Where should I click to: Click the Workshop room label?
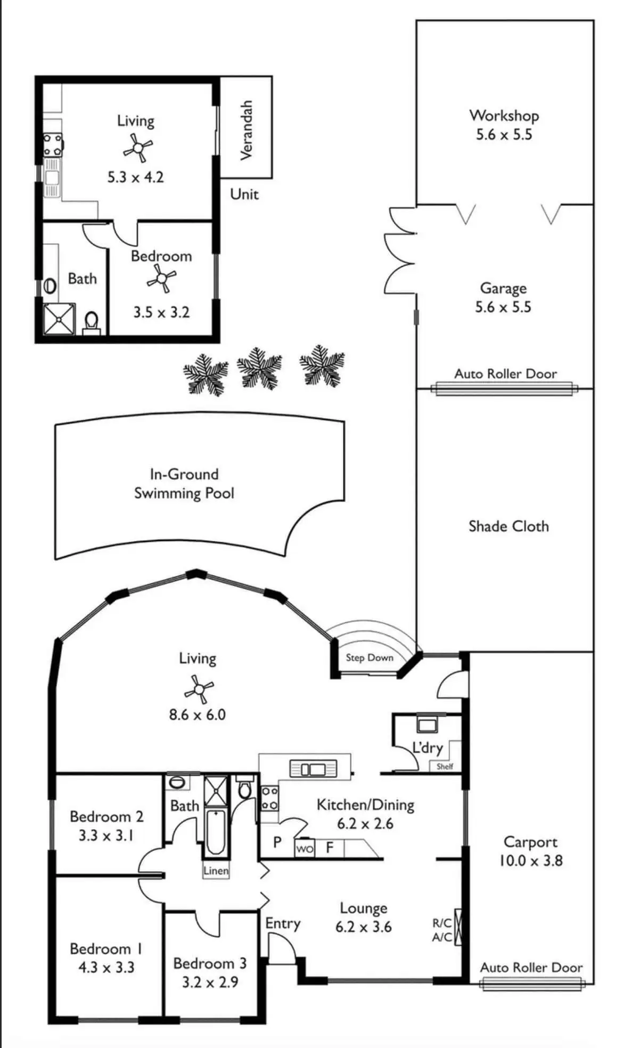[504, 116]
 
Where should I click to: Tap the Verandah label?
[245, 130]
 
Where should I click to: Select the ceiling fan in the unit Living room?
[138, 148]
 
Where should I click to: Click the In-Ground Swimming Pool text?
[184, 484]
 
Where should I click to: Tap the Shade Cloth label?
[509, 526]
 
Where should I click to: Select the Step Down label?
[370, 657]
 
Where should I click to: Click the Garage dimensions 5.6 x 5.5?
[503, 307]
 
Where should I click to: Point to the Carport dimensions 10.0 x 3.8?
[530, 860]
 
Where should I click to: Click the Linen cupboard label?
[216, 871]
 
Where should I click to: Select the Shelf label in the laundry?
[445, 767]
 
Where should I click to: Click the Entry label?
[283, 923]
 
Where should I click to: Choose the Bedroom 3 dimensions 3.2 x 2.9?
[210, 982]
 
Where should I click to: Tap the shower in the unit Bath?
[59, 319]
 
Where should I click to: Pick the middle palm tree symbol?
[259, 368]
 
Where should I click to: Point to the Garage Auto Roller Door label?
[505, 373]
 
